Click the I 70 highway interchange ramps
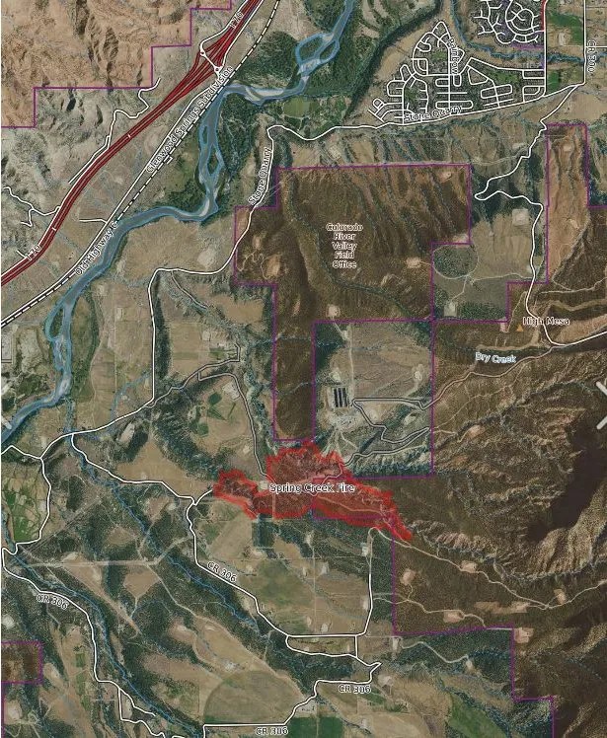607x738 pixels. click(212, 64)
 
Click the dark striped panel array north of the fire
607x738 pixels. click(342, 396)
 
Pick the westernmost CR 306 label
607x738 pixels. click(42, 599)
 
